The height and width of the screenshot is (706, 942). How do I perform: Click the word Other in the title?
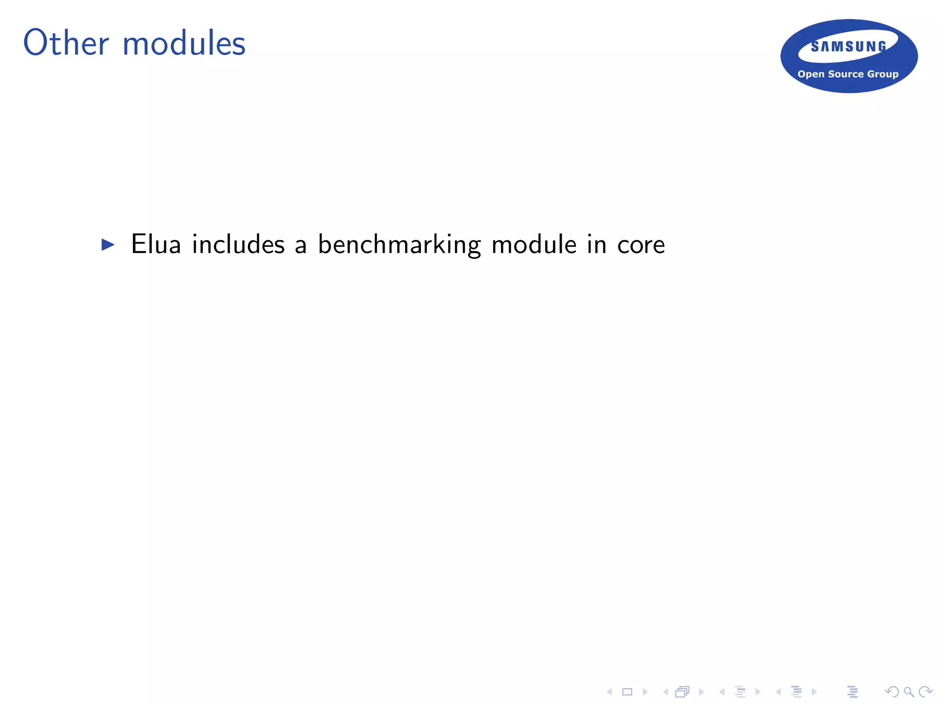pos(66,43)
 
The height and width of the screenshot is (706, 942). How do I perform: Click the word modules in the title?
pos(184,43)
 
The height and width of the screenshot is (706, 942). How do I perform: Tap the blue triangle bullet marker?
pos(108,245)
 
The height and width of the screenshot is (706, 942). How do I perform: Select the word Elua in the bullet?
pos(156,244)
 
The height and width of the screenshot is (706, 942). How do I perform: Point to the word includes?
pos(238,244)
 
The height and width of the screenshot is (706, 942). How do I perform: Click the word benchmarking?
pos(399,245)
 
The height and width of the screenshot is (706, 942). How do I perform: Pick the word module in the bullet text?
pos(534,244)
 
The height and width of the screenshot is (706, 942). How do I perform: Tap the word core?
pos(641,245)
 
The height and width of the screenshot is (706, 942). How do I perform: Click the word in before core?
pos(597,244)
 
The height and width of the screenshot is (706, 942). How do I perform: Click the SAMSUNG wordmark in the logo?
pos(849,46)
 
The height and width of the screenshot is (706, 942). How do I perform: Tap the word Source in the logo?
pos(846,74)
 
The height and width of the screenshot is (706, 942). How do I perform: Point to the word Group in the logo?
pos(883,74)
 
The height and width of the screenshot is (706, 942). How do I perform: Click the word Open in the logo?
pos(811,74)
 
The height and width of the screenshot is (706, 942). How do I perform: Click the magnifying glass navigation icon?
pos(909,692)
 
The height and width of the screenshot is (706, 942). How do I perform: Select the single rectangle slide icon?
pos(627,692)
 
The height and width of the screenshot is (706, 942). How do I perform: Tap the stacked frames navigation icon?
pos(683,692)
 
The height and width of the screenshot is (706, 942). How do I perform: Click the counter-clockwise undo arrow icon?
pos(892,692)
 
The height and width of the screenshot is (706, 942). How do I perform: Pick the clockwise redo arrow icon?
pos(925,692)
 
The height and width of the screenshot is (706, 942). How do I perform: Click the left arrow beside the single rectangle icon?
pos(610,692)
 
